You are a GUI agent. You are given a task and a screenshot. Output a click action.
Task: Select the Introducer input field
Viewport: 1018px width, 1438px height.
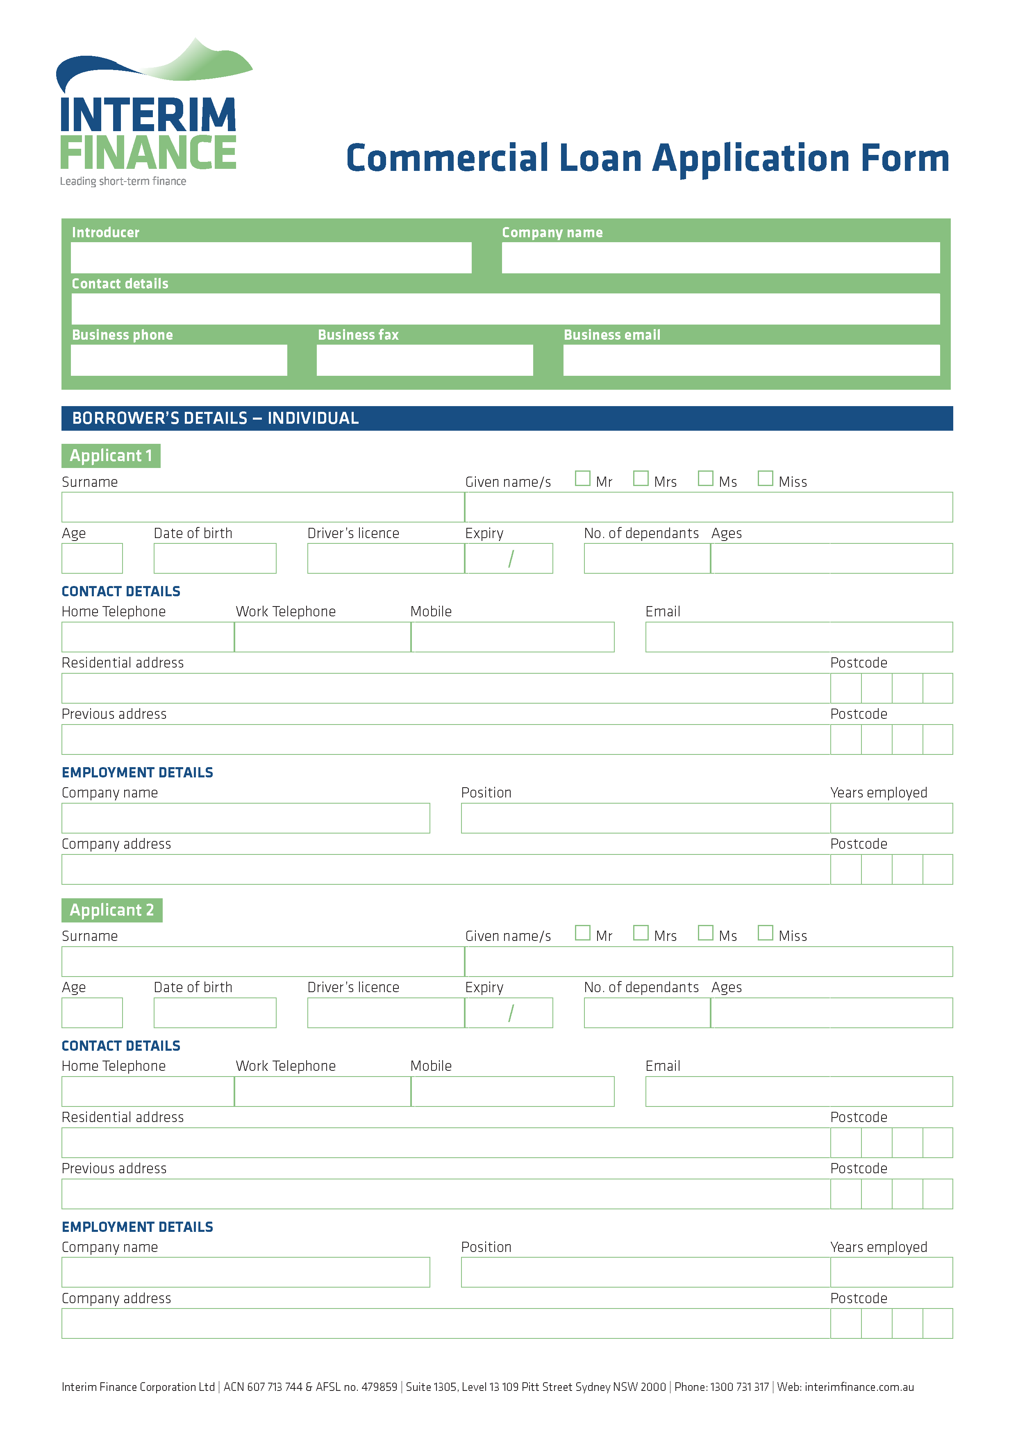point(271,258)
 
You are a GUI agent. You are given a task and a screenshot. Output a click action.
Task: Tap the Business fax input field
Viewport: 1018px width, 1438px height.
point(425,361)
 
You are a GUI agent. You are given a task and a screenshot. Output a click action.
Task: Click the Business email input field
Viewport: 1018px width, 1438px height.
point(751,361)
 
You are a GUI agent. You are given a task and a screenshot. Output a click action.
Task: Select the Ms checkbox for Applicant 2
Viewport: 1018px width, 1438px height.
point(705,933)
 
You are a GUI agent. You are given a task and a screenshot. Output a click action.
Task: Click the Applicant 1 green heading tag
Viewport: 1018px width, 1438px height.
point(111,456)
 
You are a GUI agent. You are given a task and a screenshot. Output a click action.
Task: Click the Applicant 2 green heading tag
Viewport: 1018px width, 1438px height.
point(111,910)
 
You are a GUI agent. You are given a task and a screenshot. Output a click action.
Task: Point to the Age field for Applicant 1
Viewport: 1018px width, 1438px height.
point(92,559)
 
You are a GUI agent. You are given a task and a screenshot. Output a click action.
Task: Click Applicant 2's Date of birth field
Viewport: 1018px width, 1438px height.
point(215,1013)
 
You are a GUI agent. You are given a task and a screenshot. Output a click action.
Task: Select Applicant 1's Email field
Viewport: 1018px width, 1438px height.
point(799,637)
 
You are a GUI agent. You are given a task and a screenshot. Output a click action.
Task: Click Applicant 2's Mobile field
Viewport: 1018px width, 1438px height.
point(513,1091)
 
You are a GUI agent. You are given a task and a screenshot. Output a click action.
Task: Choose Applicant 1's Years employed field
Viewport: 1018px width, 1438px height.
point(891,818)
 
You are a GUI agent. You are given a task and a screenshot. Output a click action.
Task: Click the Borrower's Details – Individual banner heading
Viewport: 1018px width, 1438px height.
point(215,418)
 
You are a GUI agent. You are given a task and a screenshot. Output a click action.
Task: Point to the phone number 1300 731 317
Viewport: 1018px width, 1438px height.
point(739,1387)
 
